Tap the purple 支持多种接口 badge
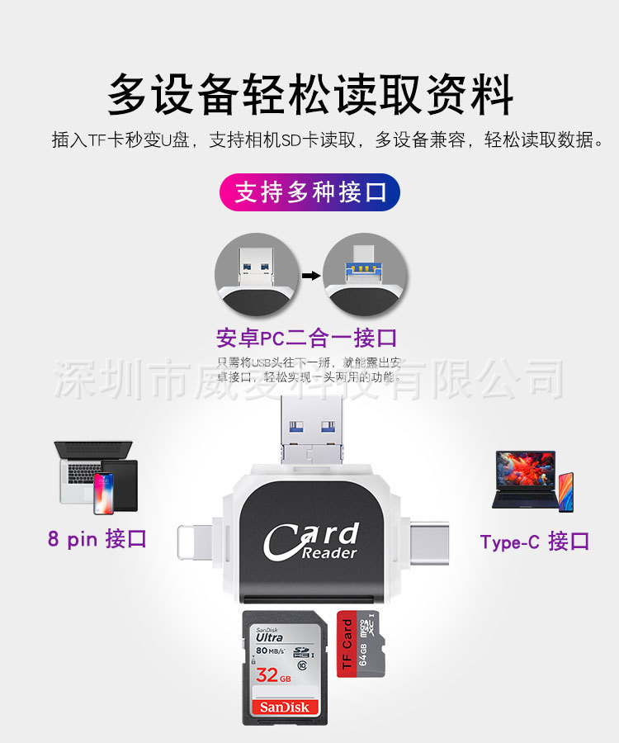coord(309,193)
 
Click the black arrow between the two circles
coord(309,274)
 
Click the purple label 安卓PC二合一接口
coord(306,338)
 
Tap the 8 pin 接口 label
coord(97,539)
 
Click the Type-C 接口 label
coord(534,542)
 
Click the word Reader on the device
coord(329,553)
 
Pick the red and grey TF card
coord(361,644)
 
